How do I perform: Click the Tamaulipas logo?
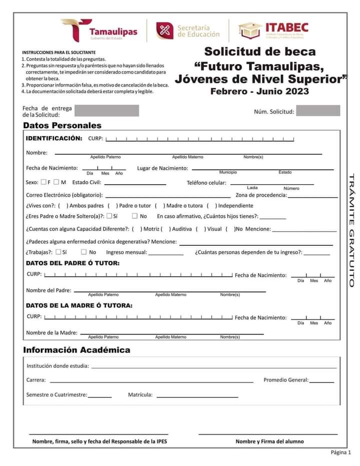click(x=99, y=30)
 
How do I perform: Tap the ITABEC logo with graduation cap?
click(x=273, y=30)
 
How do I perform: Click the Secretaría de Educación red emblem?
click(x=164, y=31)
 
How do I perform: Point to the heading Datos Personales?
click(x=62, y=126)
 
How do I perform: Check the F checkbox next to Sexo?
click(x=43, y=182)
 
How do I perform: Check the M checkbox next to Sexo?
click(x=56, y=182)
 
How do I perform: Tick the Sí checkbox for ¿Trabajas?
click(x=58, y=252)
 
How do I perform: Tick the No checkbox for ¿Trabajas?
click(x=83, y=252)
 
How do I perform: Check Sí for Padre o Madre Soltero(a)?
click(x=109, y=216)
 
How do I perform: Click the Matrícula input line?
click(x=197, y=396)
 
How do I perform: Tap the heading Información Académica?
click(x=76, y=350)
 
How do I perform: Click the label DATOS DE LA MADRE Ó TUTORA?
click(x=79, y=305)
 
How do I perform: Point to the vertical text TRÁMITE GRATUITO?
click(x=351, y=230)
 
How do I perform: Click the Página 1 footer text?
click(x=340, y=452)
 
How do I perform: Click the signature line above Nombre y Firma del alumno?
click(x=268, y=434)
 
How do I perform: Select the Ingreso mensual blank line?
click(x=166, y=254)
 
